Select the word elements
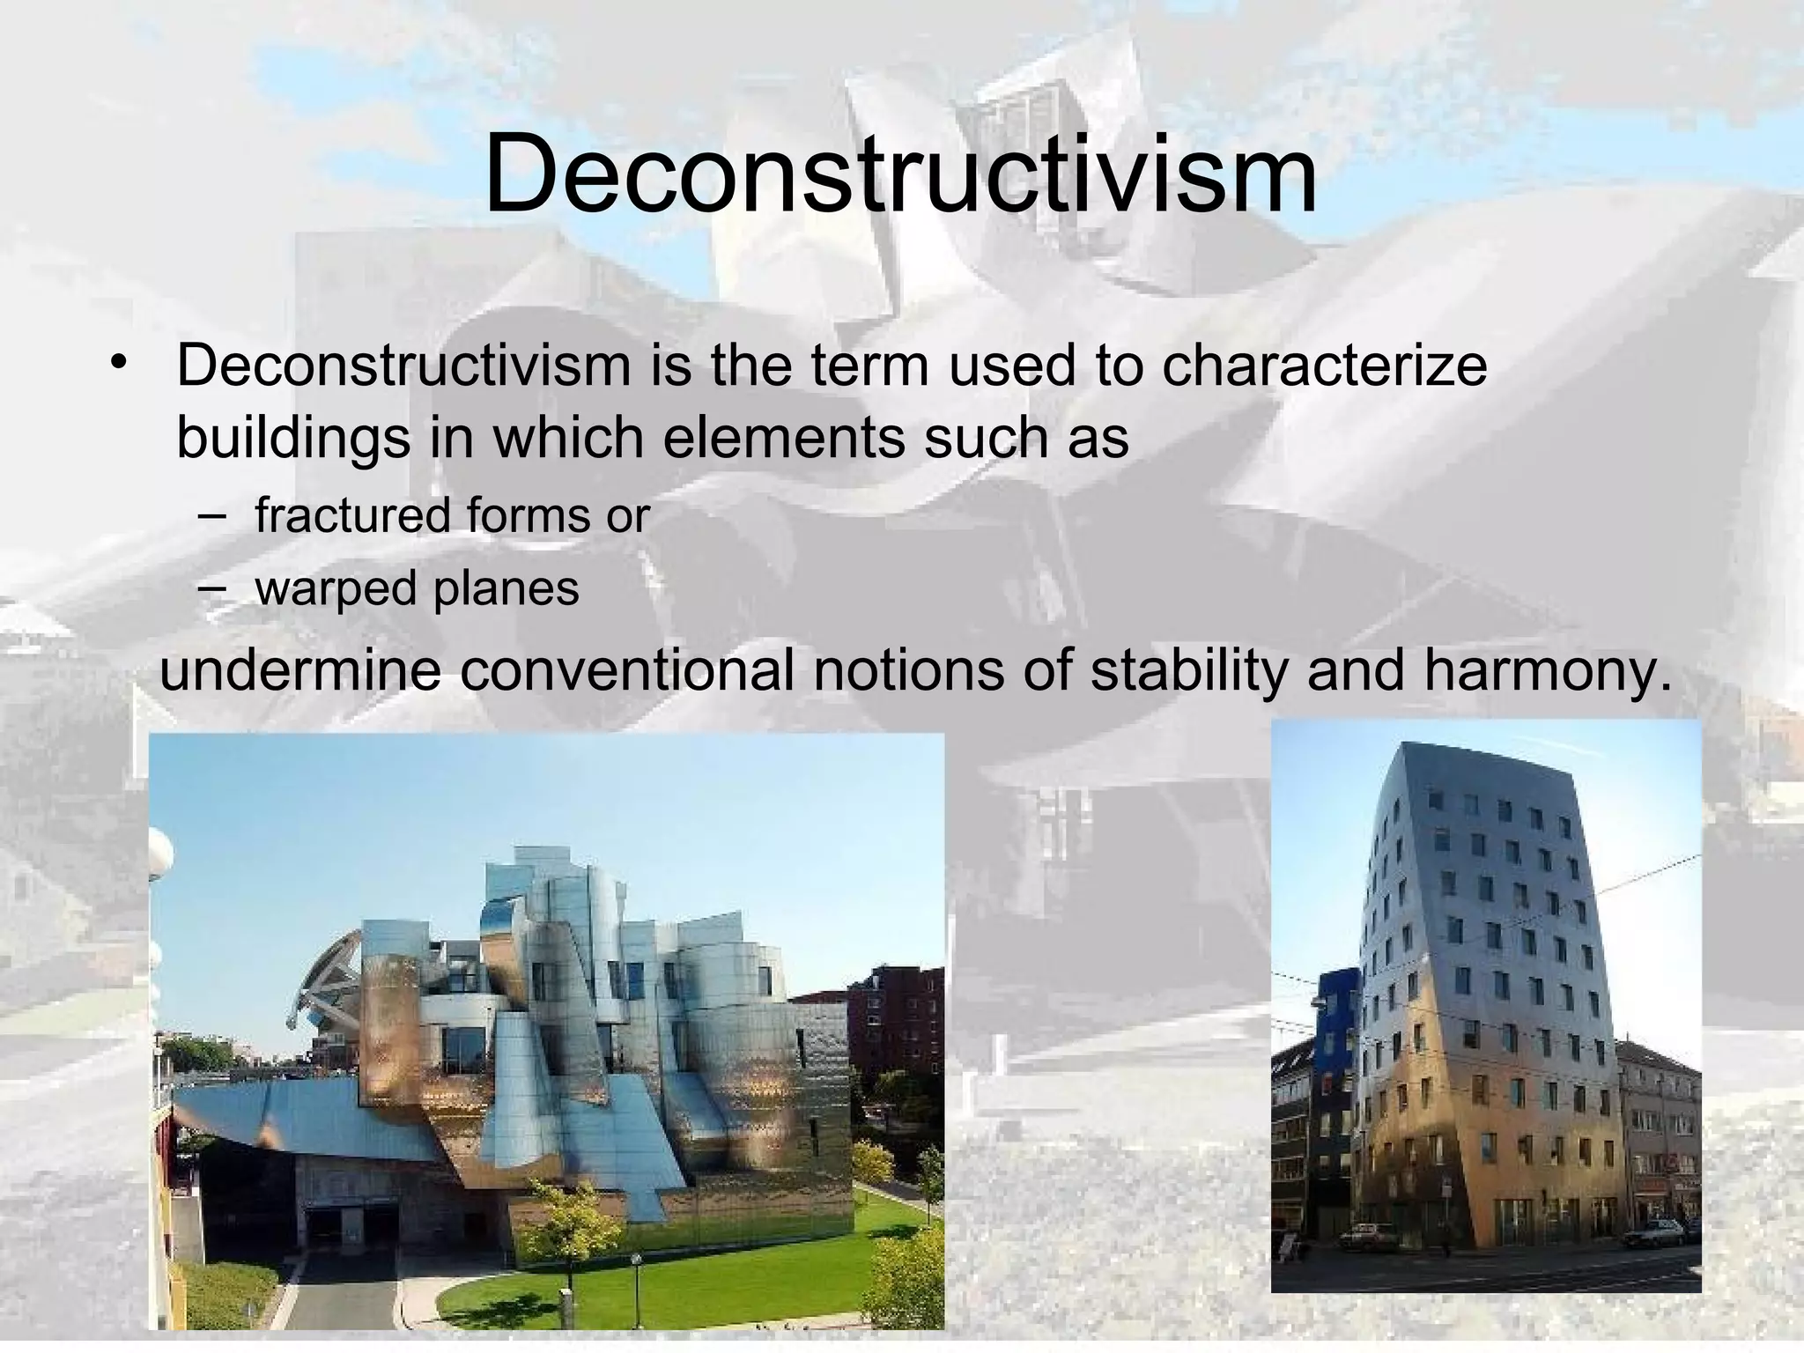[783, 437]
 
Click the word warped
[335, 588]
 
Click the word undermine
[299, 669]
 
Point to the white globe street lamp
[160, 854]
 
